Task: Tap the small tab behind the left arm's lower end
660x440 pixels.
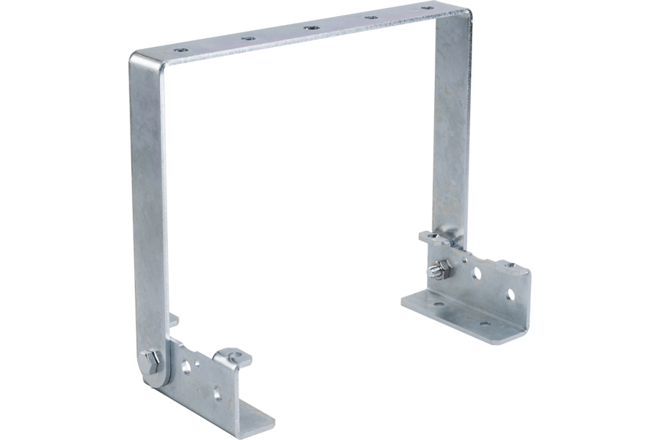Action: coord(174,321)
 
